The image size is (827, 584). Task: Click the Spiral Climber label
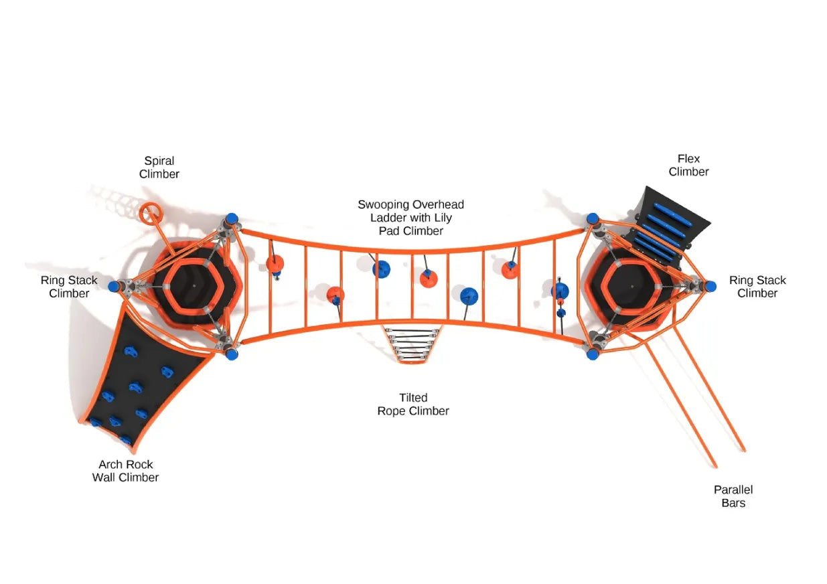coord(159,167)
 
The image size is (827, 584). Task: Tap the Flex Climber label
coord(688,165)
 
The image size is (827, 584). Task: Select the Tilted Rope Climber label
coord(413,405)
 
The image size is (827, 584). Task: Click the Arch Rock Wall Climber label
coord(126,471)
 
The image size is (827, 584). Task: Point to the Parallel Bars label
coord(733,496)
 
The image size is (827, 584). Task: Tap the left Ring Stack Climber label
coord(69,287)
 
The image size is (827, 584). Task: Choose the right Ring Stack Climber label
coord(757,287)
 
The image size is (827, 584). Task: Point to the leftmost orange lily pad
coord(275,263)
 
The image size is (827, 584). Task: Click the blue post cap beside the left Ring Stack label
coord(114,287)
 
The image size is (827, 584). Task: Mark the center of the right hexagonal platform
coord(630,285)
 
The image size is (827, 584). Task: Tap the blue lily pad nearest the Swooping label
coord(382,269)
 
